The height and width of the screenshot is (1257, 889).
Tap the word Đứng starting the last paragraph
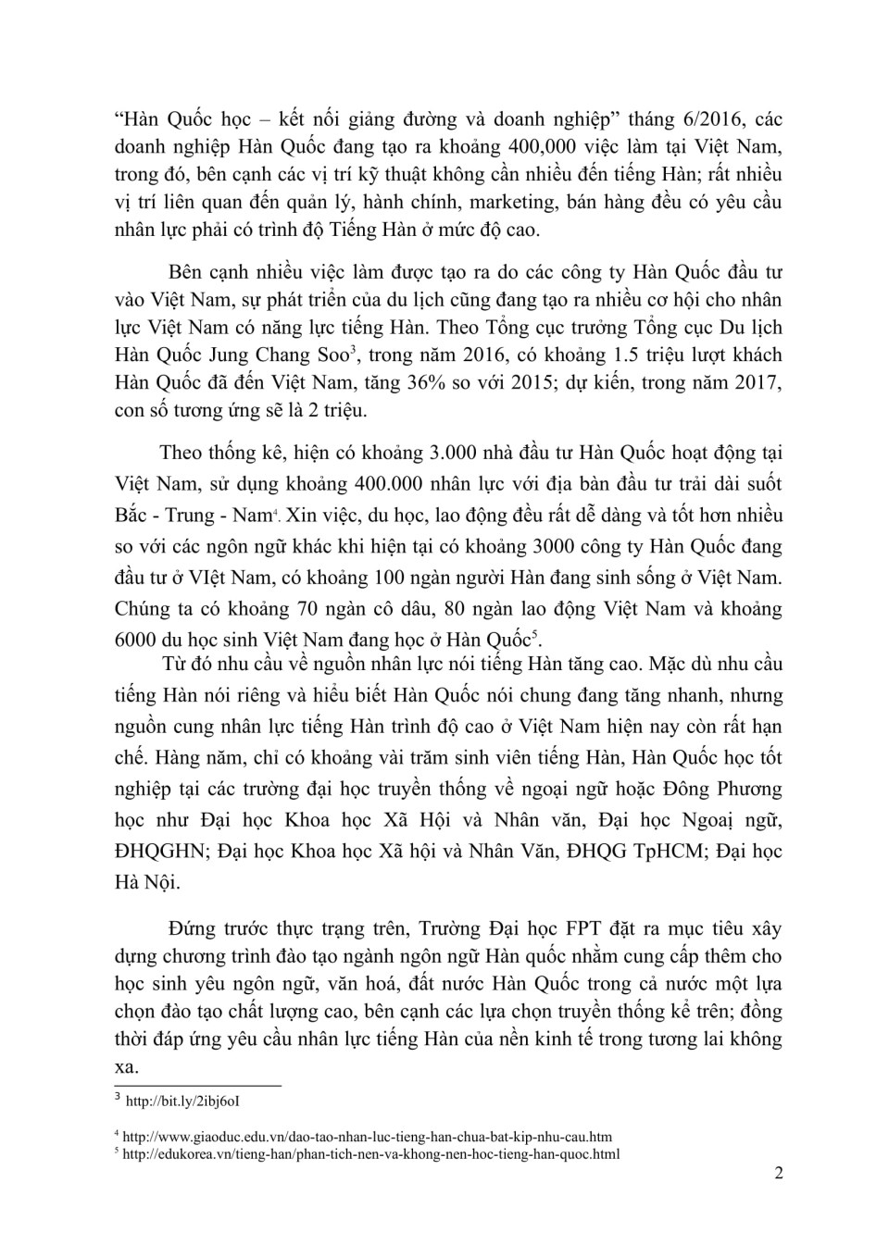(x=194, y=928)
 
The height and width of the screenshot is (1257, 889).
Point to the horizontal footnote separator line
(x=197, y=1085)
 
